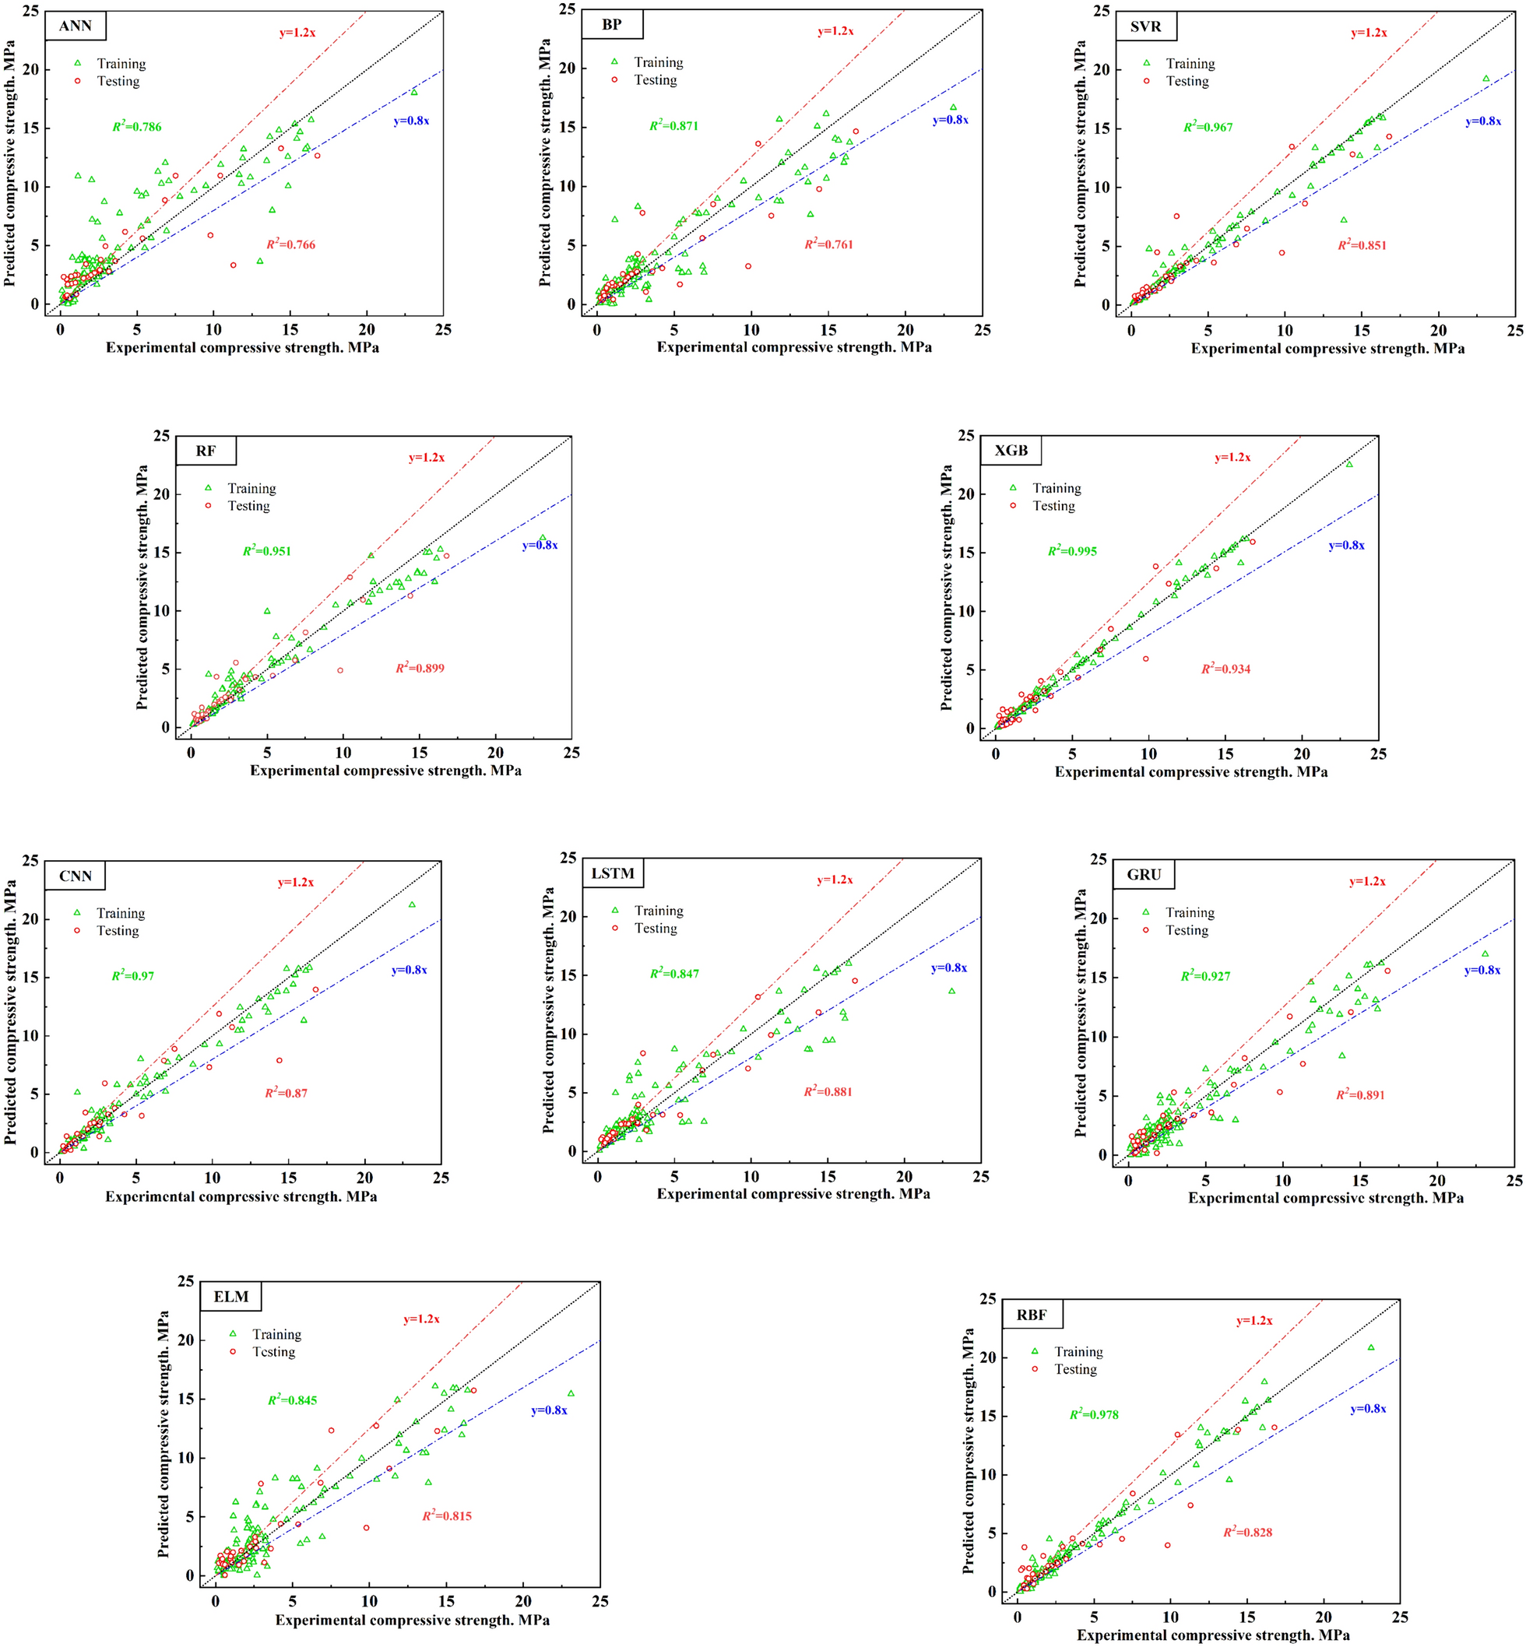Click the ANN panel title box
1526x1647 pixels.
(76, 26)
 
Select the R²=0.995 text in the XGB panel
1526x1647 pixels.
(1072, 550)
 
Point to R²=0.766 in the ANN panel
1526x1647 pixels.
(290, 244)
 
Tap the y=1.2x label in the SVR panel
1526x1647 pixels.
(1369, 33)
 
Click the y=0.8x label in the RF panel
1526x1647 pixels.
(540, 545)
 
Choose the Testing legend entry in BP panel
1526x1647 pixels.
(655, 80)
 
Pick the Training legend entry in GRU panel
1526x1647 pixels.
(1189, 912)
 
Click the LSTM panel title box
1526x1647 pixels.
(613, 873)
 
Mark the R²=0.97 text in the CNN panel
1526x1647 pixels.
(133, 976)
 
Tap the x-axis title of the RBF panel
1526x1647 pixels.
(1213, 1635)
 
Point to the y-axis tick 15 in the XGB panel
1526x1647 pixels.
(966, 552)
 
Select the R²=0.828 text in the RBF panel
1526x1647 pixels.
(1248, 1533)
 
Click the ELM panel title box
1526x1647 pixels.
(231, 1297)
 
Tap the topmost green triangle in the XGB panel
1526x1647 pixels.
(1349, 464)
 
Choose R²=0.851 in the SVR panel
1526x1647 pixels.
(1362, 245)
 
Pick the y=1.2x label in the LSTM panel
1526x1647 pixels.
(835, 880)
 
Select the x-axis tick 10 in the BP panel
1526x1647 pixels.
(751, 329)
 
